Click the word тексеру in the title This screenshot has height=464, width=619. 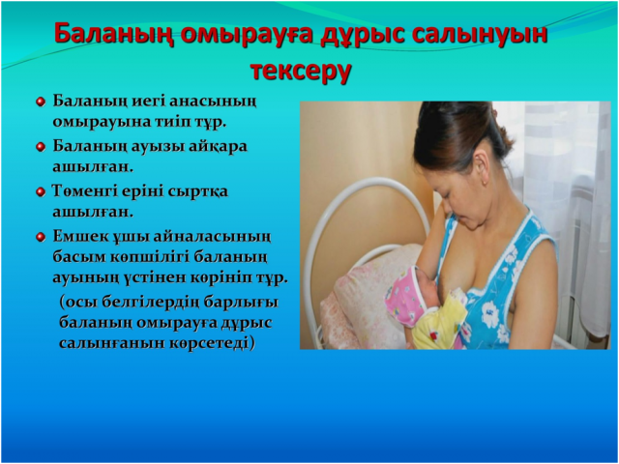pyautogui.click(x=301, y=71)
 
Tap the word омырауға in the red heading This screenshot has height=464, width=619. pyautogui.click(x=248, y=35)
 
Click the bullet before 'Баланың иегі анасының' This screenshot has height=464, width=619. pyautogui.click(x=41, y=102)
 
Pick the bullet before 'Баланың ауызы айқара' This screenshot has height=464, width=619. pyautogui.click(x=41, y=147)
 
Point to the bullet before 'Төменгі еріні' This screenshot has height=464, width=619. pyautogui.click(x=41, y=192)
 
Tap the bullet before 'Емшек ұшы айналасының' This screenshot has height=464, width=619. pyautogui.click(x=41, y=238)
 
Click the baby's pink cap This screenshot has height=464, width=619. pyautogui.click(x=403, y=296)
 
